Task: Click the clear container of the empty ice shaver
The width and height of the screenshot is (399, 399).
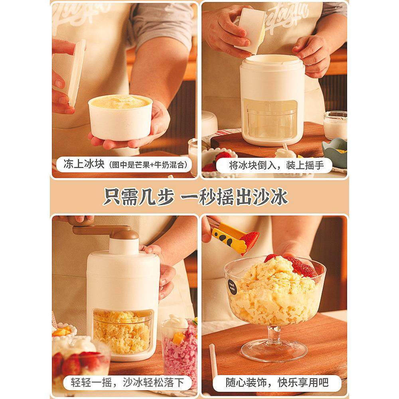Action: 271,120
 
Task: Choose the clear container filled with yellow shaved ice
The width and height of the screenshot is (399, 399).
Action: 122,331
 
